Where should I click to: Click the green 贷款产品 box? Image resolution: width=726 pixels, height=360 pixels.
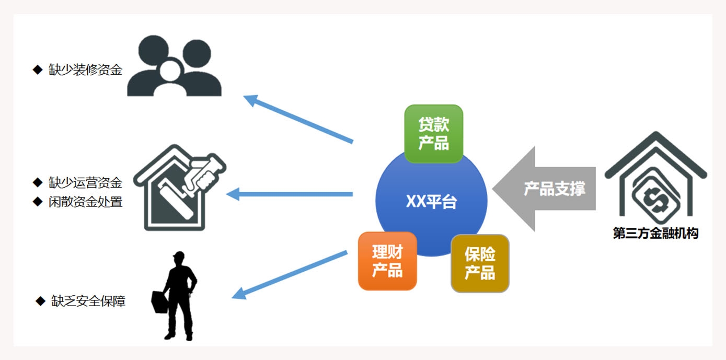tap(434, 134)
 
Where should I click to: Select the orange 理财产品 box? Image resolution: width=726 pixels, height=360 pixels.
tap(387, 261)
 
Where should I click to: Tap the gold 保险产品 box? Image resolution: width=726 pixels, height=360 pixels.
tap(480, 263)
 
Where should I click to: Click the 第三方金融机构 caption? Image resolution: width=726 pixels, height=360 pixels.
tap(655, 233)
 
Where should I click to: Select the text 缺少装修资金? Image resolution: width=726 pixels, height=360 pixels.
tap(85, 69)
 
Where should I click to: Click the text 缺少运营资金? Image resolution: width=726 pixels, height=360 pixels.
tap(85, 182)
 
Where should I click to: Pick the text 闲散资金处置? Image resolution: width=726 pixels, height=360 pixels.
tap(85, 202)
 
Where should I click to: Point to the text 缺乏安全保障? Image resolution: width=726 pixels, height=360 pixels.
tap(88, 301)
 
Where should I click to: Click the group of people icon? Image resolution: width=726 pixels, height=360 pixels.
tap(174, 66)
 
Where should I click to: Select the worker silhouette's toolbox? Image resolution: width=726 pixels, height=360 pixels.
tap(159, 303)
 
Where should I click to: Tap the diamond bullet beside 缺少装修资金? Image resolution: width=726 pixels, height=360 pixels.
tap(37, 69)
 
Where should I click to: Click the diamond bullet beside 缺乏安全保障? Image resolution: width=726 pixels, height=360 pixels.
tap(40, 301)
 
